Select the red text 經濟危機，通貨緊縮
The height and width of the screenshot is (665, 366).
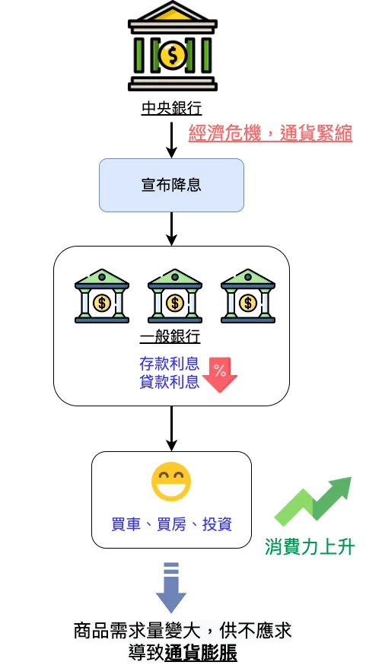[x=270, y=133]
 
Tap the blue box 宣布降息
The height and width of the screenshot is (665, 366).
[x=171, y=185]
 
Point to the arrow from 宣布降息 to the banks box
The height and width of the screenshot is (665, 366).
[x=172, y=228]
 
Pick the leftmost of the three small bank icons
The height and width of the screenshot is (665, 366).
[x=101, y=296]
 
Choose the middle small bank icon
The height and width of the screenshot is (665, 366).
[x=174, y=296]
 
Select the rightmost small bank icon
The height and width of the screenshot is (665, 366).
[x=247, y=296]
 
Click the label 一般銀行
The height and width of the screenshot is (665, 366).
[x=171, y=337]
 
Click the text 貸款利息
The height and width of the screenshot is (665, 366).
[x=170, y=382]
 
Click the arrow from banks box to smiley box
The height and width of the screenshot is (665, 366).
[x=172, y=428]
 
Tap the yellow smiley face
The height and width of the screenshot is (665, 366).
[x=171, y=482]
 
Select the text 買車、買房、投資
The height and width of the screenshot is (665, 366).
[x=171, y=524]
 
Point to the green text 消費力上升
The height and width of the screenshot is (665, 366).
[x=310, y=546]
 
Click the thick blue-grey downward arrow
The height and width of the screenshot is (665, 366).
[x=171, y=587]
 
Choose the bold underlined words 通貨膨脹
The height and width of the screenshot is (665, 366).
[x=201, y=652]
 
